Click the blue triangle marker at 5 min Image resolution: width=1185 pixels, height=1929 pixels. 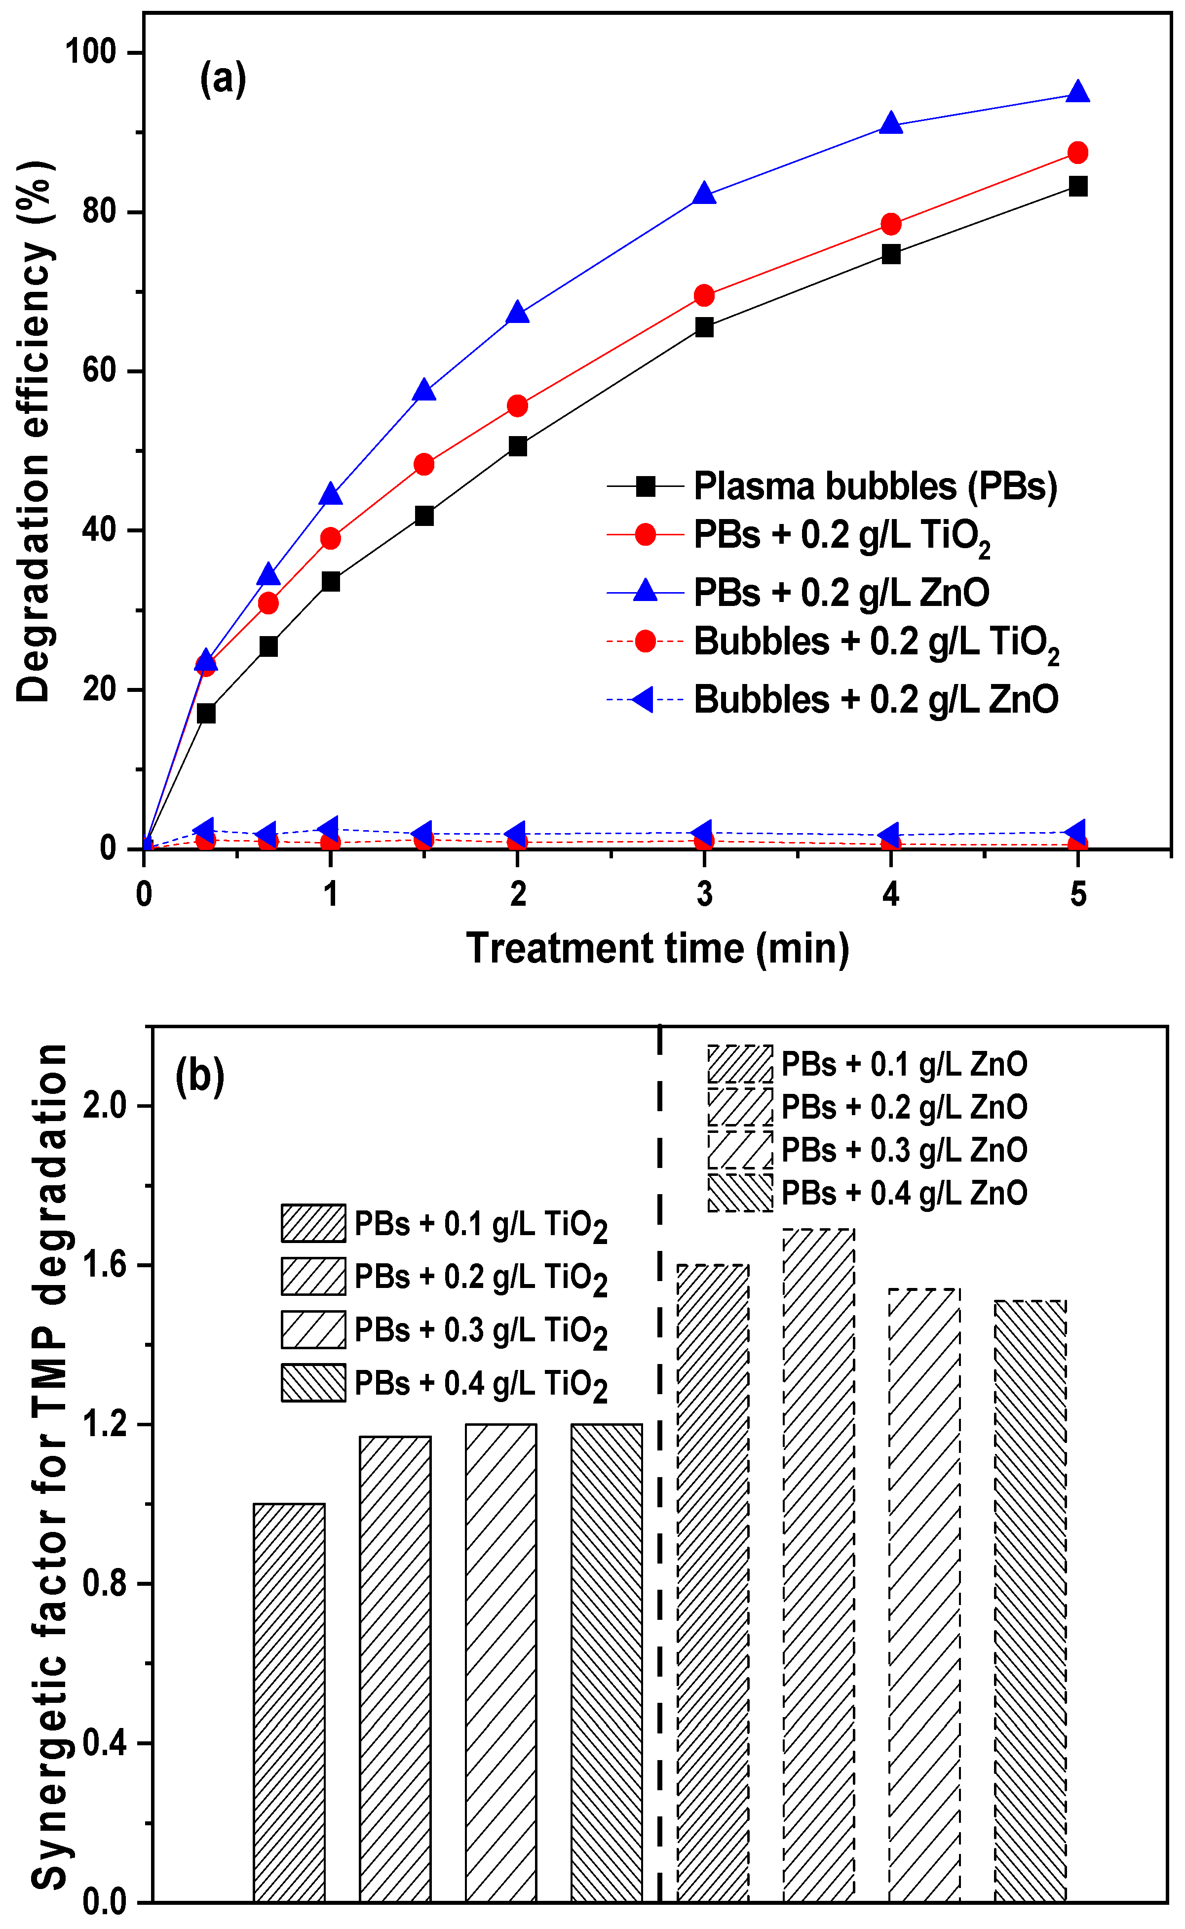tap(1077, 92)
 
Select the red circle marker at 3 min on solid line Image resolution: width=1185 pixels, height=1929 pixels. tap(704, 296)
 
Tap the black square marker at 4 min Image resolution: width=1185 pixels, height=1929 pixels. tap(890, 254)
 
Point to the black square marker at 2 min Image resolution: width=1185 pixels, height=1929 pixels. tap(517, 446)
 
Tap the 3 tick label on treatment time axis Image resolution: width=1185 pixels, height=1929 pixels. tap(704, 894)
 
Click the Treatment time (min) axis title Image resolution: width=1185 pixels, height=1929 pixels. tap(657, 948)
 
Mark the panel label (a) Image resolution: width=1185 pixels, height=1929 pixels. tap(224, 79)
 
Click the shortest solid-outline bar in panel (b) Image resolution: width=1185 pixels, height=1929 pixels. tap(289, 1702)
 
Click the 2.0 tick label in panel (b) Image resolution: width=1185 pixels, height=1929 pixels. tap(104, 1106)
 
